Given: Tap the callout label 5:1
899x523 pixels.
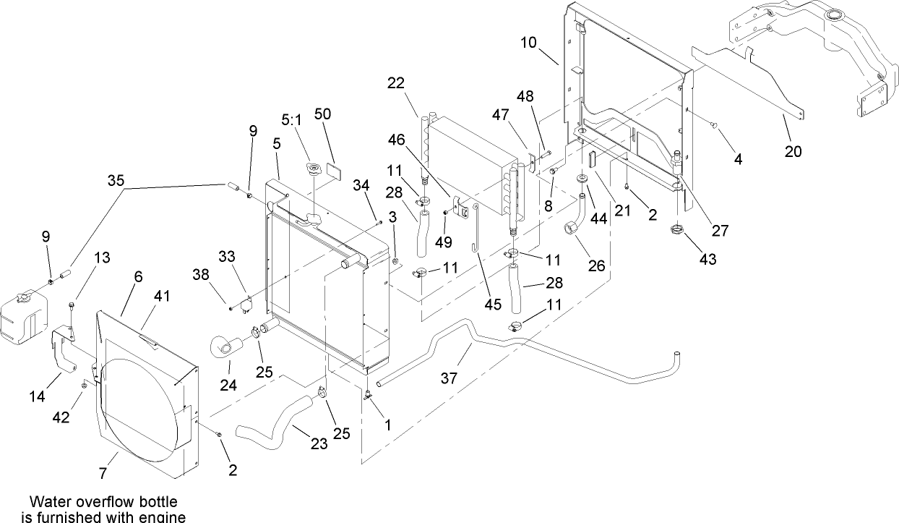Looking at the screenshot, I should (291, 119).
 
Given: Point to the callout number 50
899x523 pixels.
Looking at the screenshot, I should (322, 114).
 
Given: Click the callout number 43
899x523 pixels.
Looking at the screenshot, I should (708, 259).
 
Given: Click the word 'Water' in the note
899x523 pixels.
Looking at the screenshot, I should (48, 501).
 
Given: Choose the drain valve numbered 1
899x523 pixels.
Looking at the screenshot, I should (368, 394).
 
